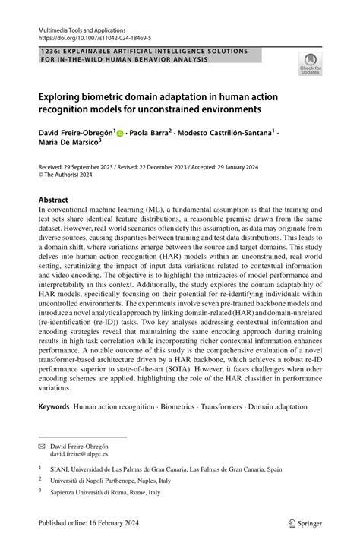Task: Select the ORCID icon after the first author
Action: [x=121, y=133]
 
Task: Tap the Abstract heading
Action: [x=54, y=200]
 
